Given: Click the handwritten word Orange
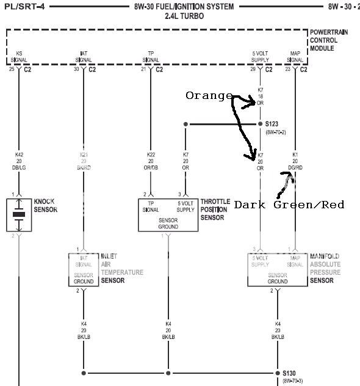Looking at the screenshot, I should point(209,96).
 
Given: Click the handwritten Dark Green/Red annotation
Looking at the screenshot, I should point(289,205).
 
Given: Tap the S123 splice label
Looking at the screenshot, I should point(272,124).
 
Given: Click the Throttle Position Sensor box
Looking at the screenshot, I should point(168,214).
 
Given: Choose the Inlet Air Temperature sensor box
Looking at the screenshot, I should point(83,269).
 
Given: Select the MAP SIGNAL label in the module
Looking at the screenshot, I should point(295,57).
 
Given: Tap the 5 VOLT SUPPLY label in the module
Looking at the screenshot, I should point(261,57).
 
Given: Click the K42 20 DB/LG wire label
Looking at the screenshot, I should point(19,161).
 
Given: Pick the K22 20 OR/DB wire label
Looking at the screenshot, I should point(151,161).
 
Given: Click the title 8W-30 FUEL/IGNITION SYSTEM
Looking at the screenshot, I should point(184,6).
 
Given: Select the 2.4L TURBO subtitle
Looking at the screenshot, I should point(184,16).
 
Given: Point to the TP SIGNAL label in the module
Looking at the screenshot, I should point(151,57).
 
